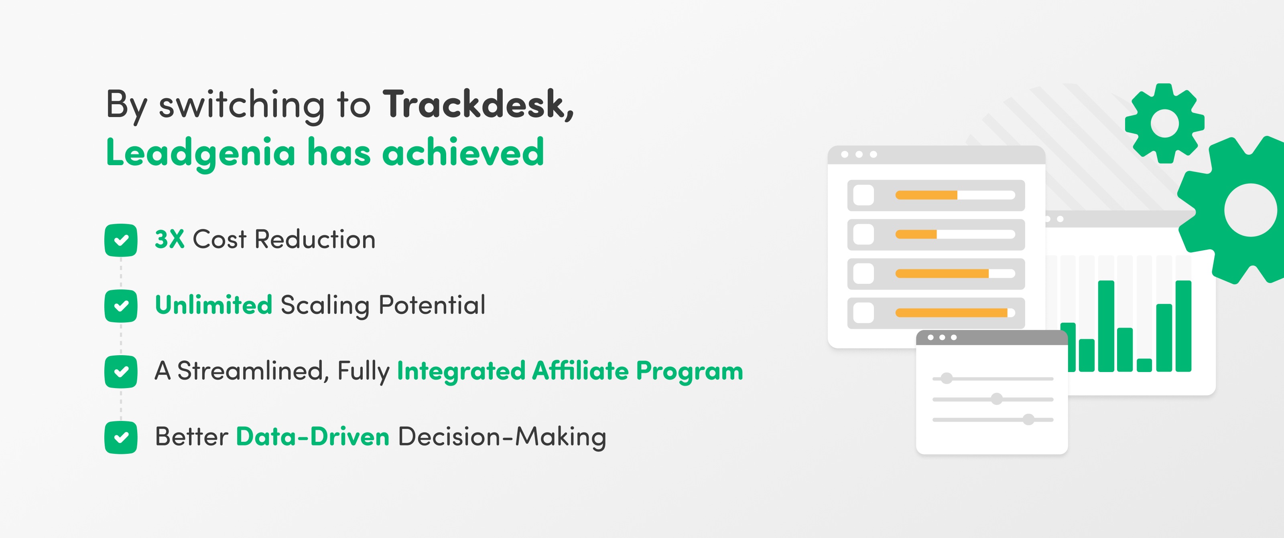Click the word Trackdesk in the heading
477,104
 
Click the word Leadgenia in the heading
201,153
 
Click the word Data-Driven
313,437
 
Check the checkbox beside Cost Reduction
121,240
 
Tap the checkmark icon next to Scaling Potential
121,306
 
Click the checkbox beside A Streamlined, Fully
121,372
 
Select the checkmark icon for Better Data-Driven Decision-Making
121,437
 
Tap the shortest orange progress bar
916,234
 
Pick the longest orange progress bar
951,313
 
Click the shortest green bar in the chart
1144,365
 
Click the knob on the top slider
947,378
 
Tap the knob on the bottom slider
1028,419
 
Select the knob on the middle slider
996,399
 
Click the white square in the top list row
864,195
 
